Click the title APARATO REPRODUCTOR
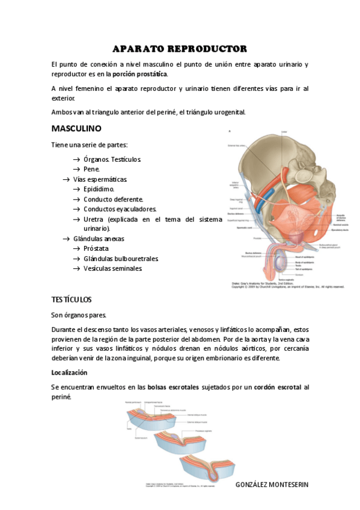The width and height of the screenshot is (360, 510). (x=180, y=48)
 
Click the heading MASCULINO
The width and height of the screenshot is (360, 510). (x=76, y=129)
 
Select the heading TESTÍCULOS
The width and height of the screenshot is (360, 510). (x=72, y=299)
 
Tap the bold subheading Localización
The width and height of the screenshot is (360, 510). (x=69, y=372)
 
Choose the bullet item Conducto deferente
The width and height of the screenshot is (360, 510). (x=113, y=199)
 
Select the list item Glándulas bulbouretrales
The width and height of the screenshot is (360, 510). (x=120, y=259)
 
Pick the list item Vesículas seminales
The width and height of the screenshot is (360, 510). (x=113, y=268)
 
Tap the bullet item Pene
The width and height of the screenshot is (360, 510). (x=91, y=170)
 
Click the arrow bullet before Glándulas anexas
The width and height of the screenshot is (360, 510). (x=67, y=239)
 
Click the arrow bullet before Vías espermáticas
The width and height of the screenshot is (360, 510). (x=67, y=179)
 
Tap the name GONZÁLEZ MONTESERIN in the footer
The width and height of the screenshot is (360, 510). (x=272, y=484)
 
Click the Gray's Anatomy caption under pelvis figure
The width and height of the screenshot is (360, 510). (x=287, y=285)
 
